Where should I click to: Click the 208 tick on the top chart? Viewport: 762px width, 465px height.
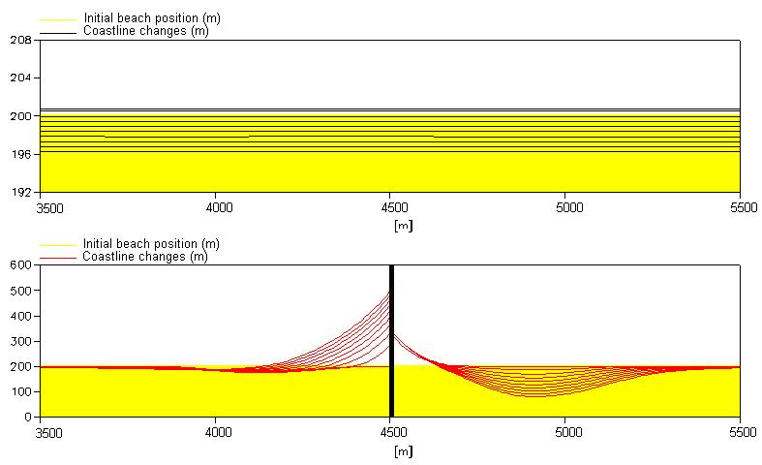coord(19,41)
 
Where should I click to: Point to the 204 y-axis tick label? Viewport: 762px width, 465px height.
coord(19,78)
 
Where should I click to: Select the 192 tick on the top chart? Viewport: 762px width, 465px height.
coord(19,192)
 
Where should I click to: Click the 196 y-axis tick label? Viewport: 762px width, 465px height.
coord(19,154)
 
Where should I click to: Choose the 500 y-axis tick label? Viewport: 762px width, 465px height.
coord(19,291)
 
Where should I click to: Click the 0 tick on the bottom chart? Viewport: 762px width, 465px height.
coord(27,418)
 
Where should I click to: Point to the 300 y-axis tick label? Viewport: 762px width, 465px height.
coord(19,341)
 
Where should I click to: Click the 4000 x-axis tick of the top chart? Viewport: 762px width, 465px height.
coord(218,207)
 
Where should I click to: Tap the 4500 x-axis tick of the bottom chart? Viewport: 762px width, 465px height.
coord(391,433)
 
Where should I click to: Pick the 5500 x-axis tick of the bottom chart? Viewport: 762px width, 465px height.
coord(740,433)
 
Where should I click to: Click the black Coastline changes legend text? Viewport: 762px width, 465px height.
coord(145,31)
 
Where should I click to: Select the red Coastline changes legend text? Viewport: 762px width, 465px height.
coord(145,257)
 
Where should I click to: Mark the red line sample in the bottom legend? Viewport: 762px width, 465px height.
coord(56,258)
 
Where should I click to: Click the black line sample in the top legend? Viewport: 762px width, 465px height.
coord(56,32)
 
